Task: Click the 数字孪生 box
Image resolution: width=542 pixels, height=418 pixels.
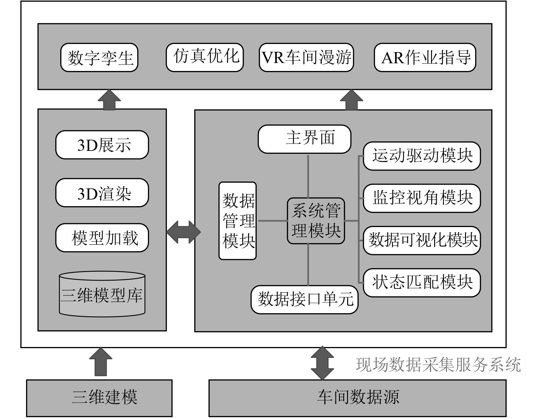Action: tap(99, 58)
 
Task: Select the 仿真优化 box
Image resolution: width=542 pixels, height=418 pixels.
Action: tap(205, 58)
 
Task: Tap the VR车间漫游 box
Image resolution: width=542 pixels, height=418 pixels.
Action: tap(306, 58)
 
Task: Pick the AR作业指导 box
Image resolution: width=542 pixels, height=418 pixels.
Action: tap(425, 58)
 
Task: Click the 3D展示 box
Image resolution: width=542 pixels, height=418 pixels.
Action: tap(102, 145)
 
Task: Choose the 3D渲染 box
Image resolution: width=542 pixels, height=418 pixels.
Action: tap(102, 193)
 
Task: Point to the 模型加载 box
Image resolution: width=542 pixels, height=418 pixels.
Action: tap(102, 238)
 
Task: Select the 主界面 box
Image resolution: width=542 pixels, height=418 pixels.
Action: tap(304, 139)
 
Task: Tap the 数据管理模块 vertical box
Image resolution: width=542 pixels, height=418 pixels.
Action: tap(237, 221)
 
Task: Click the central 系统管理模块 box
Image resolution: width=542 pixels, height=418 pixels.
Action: tap(316, 221)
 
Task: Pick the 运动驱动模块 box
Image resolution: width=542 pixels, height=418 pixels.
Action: tap(422, 156)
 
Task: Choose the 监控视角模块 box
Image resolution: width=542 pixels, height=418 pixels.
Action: tap(422, 198)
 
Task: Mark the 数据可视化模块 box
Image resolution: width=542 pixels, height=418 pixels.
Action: tap(422, 240)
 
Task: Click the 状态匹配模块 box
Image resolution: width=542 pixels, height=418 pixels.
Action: tap(422, 282)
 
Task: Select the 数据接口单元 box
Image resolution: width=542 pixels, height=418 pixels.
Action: tap(305, 299)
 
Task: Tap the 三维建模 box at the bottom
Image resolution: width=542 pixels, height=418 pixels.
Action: tap(99, 398)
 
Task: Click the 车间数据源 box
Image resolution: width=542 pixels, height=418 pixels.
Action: tap(357, 398)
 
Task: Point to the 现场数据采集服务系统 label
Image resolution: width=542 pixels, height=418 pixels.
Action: tap(438, 365)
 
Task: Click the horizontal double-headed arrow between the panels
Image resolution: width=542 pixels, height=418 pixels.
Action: tap(184, 232)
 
